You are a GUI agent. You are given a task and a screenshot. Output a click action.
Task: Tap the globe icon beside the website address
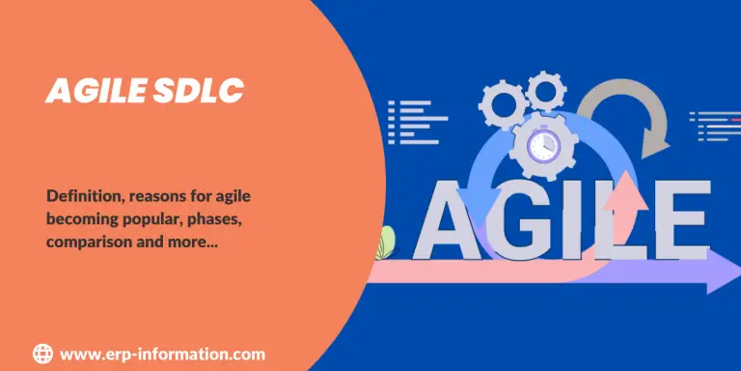[x=42, y=354]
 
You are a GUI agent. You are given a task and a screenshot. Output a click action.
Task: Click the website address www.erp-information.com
[x=162, y=355]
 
